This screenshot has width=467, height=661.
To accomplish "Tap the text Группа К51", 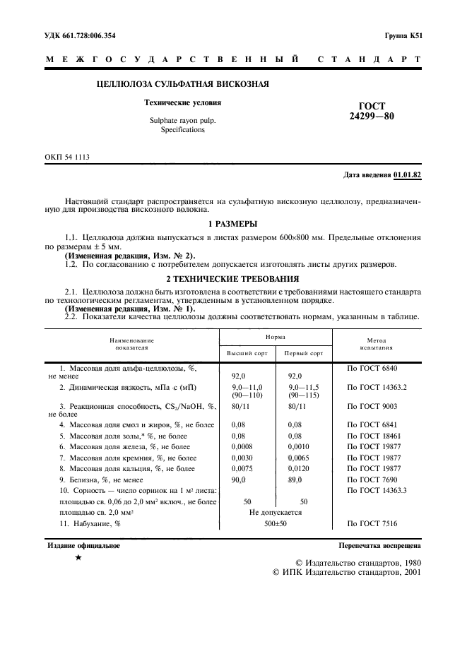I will (x=403, y=35).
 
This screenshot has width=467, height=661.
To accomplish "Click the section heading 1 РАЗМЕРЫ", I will (x=233, y=224).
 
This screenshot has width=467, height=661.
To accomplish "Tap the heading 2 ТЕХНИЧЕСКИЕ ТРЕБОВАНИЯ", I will (x=233, y=278).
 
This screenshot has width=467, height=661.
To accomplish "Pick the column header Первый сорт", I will (x=303, y=353).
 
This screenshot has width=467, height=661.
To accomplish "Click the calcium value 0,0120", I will (x=302, y=468).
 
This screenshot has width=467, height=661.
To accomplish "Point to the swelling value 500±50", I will (x=275, y=524).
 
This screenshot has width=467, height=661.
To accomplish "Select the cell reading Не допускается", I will (x=276, y=513).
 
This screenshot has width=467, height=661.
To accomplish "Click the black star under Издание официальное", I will (x=79, y=558).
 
